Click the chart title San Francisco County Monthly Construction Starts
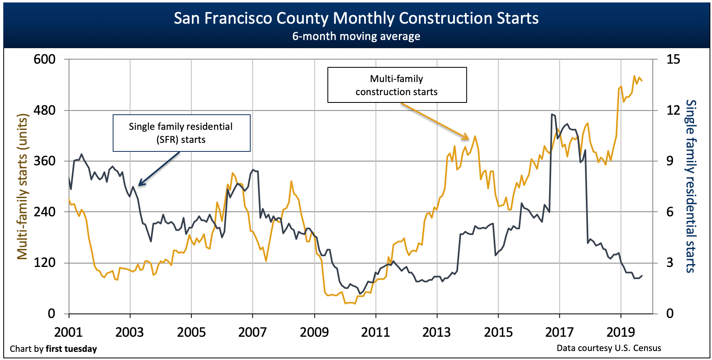click(x=356, y=18)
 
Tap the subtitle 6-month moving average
click(x=356, y=36)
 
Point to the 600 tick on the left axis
click(x=44, y=60)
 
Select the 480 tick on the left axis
click(x=44, y=110)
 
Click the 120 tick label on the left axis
click(x=44, y=262)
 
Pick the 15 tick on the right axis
click(x=673, y=60)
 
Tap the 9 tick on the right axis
click(x=670, y=161)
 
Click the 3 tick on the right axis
click(x=670, y=262)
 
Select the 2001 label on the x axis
click(x=69, y=332)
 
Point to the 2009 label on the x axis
click(x=314, y=332)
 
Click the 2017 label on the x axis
click(x=559, y=332)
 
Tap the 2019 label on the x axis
click(x=621, y=332)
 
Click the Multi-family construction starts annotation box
click(x=397, y=85)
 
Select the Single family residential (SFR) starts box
click(x=181, y=133)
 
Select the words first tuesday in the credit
click(x=71, y=349)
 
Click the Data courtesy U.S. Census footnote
click(x=608, y=348)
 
